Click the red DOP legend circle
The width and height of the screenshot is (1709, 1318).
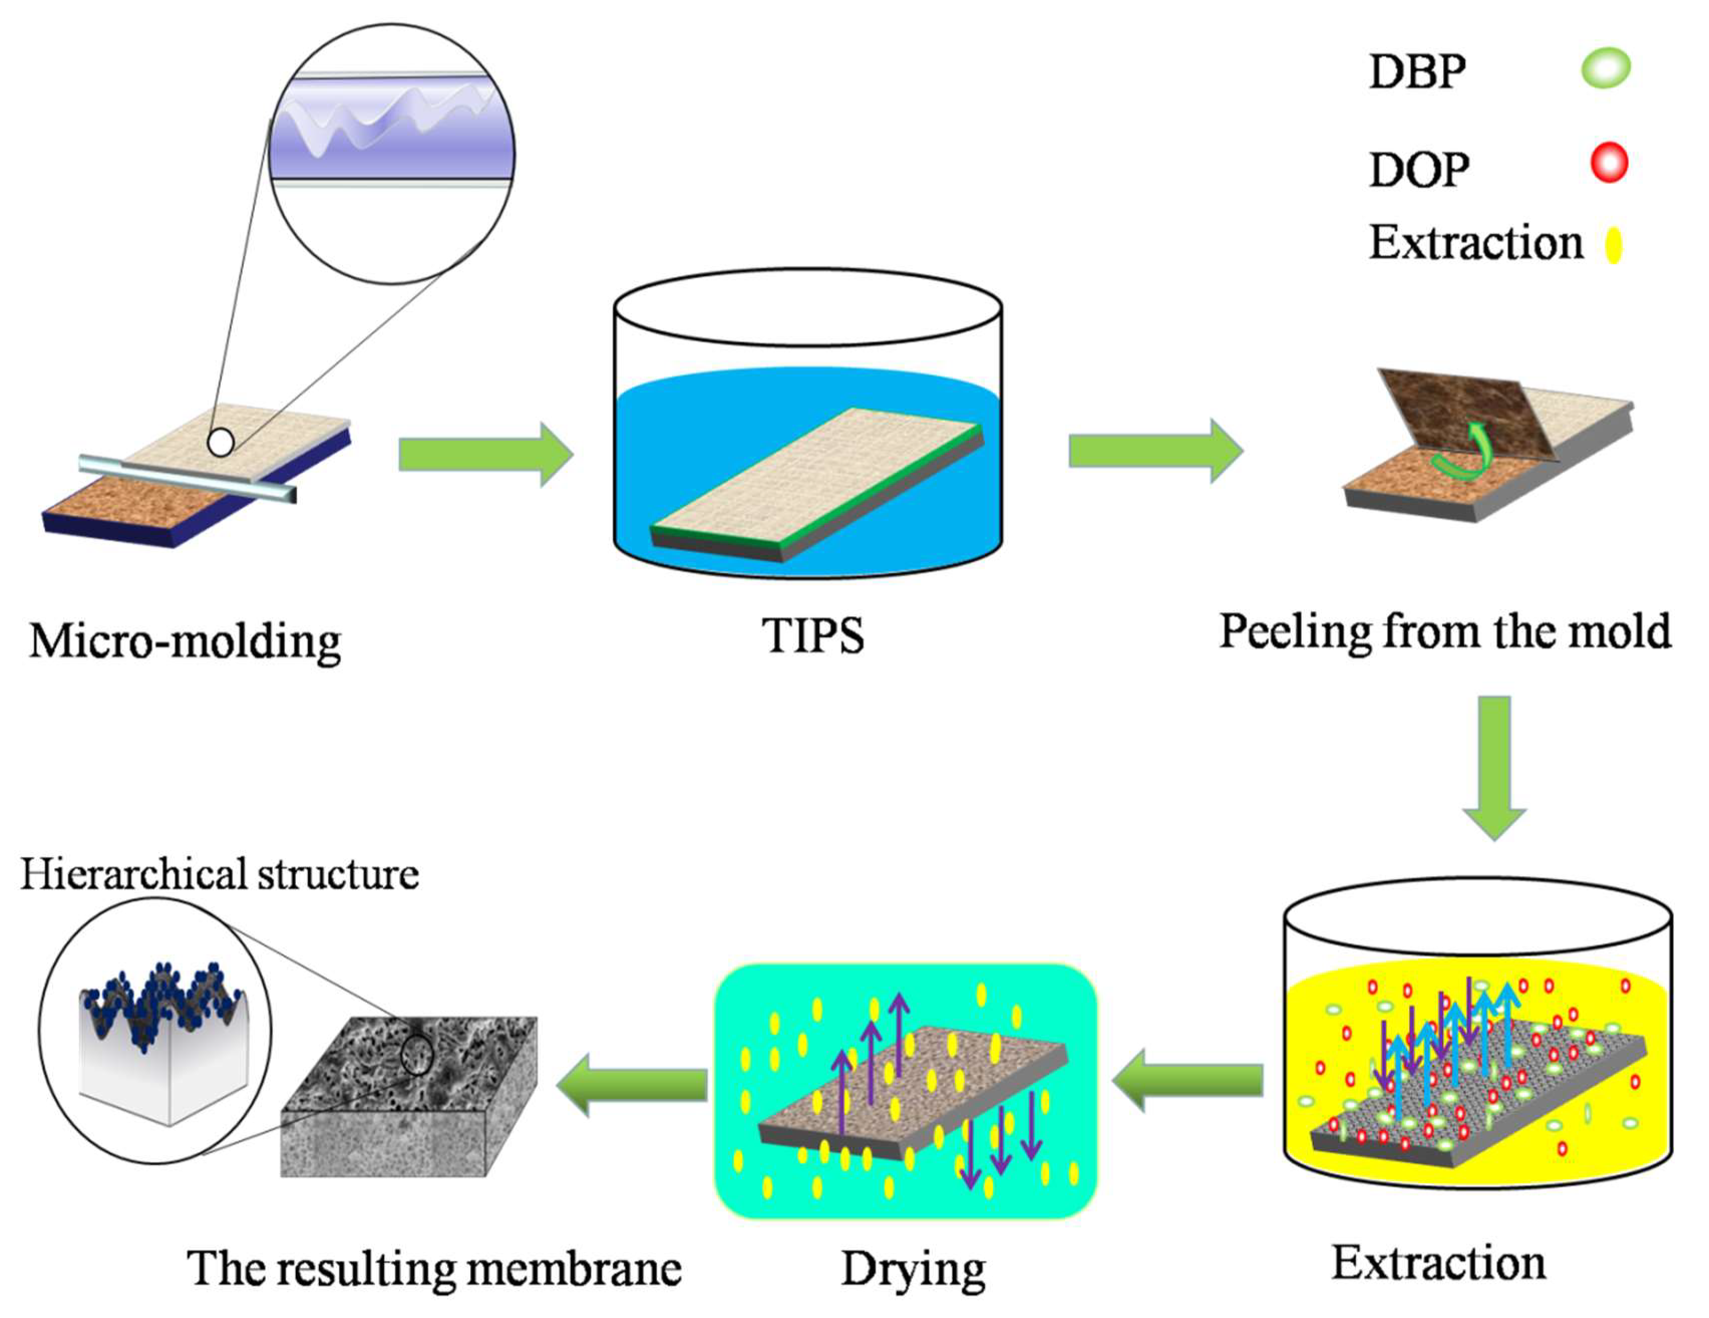pyautogui.click(x=1609, y=164)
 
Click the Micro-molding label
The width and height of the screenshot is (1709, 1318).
pyautogui.click(x=186, y=642)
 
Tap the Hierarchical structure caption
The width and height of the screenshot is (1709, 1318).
pyautogui.click(x=219, y=874)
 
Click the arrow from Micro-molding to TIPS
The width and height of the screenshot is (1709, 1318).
pyautogui.click(x=485, y=455)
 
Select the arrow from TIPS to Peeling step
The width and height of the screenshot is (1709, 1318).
pyautogui.click(x=1155, y=451)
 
